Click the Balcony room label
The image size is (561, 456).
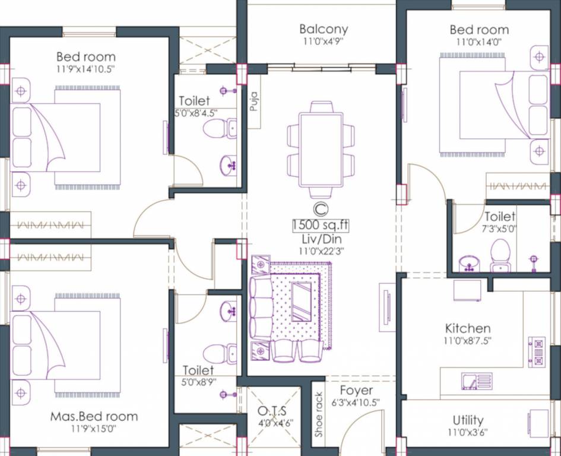[324, 28]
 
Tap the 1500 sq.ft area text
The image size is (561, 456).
[320, 226]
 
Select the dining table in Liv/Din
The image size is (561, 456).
[321, 150]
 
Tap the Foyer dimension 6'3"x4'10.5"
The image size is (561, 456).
[356, 402]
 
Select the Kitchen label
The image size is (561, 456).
[468, 328]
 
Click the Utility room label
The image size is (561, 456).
[468, 420]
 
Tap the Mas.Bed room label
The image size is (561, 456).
[94, 416]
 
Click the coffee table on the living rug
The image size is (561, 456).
[302, 301]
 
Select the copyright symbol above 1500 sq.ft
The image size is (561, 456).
[320, 209]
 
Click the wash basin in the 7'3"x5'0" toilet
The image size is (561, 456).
[470, 262]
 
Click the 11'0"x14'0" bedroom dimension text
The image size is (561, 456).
[478, 42]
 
